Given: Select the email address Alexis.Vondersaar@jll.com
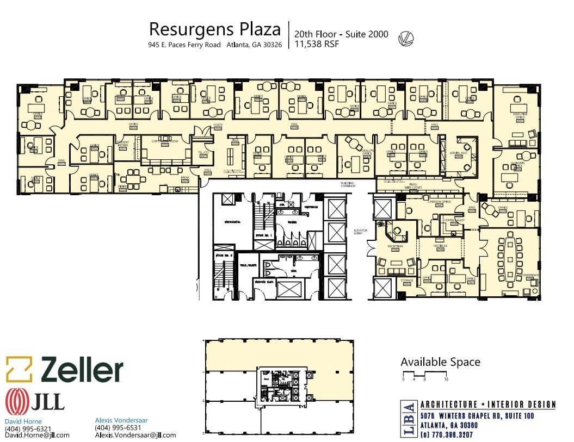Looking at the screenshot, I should (x=135, y=435).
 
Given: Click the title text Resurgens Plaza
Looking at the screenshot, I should (x=215, y=29).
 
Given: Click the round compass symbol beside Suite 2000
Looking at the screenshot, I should (x=406, y=38).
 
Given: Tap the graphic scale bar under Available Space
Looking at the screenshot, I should (x=425, y=374).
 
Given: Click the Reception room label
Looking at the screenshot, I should (x=395, y=246).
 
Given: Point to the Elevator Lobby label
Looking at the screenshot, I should (x=361, y=232).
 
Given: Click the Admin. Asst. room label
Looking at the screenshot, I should (x=459, y=153).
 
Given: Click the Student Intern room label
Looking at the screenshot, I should (x=122, y=144).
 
